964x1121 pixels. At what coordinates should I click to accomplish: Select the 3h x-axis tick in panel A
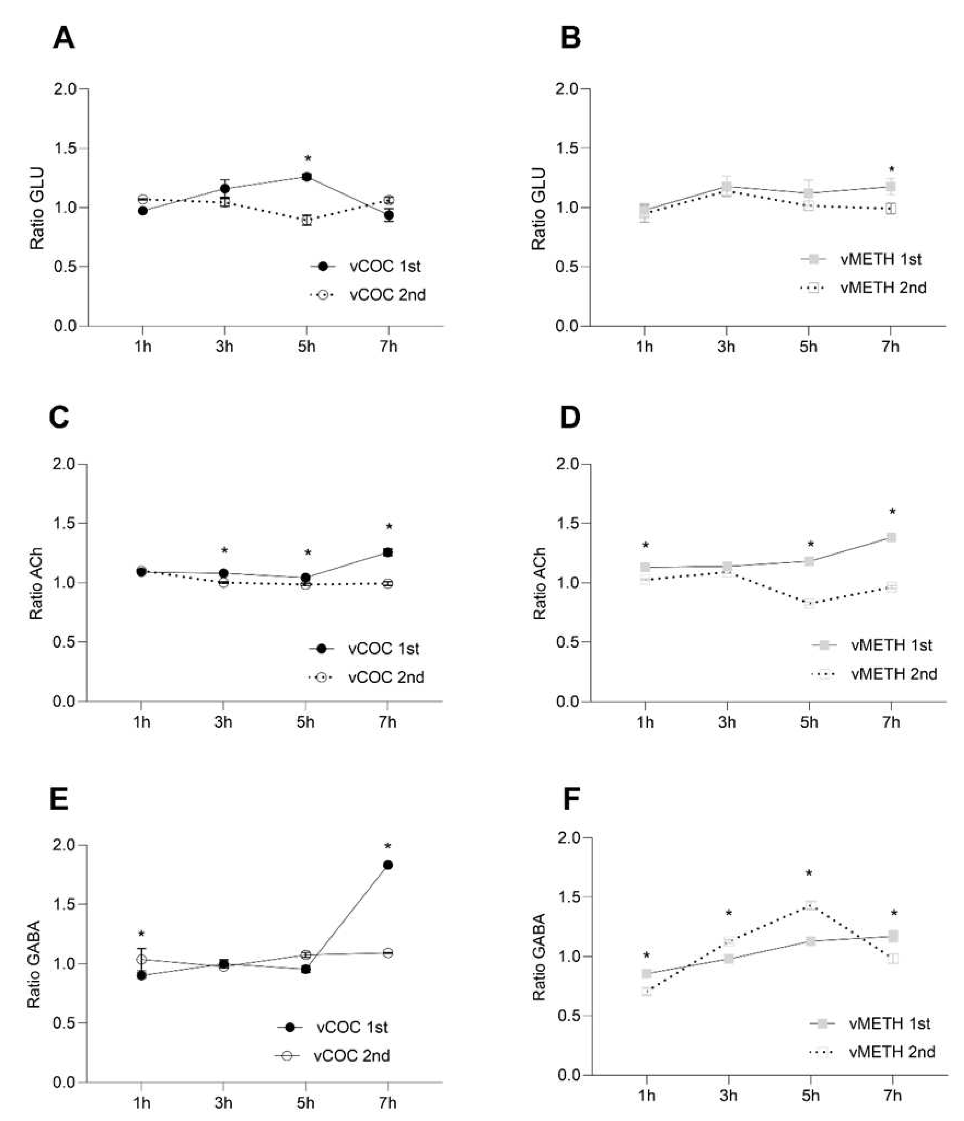pyautogui.click(x=224, y=346)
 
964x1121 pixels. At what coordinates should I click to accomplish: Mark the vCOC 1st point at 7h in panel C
pyautogui.click(x=387, y=552)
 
